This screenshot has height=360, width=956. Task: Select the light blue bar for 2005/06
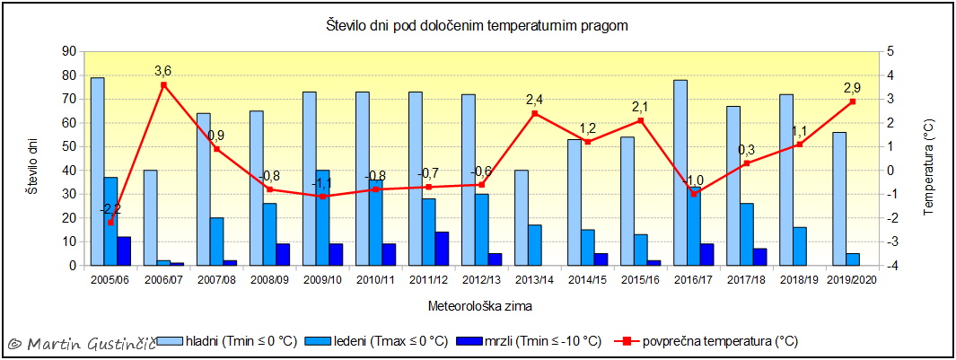97,171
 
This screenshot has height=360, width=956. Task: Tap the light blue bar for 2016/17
680,172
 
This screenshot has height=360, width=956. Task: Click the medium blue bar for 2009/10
322,218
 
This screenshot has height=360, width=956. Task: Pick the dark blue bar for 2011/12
442,249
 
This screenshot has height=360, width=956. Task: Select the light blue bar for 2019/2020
839,198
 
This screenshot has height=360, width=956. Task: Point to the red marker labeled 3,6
163,85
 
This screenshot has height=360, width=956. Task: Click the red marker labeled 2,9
853,101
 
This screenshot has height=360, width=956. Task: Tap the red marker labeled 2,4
535,113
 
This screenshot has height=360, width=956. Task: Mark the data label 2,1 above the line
641,106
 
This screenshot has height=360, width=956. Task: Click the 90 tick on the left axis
68,51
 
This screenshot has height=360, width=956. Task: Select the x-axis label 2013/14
535,280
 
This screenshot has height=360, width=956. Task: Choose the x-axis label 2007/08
216,280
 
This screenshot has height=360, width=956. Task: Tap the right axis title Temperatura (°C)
931,159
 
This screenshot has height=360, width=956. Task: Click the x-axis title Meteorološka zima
480,306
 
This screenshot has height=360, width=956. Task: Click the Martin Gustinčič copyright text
79,344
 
